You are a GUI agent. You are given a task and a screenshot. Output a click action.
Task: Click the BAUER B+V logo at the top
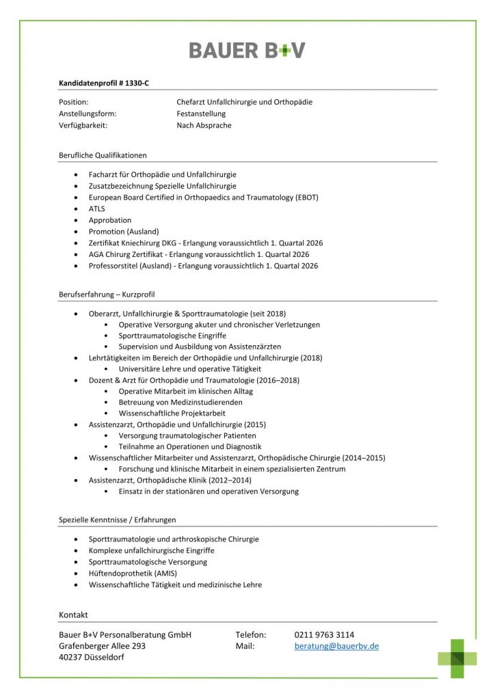point(247,50)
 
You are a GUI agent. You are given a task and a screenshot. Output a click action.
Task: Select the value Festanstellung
point(201,113)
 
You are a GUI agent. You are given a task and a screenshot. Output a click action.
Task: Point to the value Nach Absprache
point(204,125)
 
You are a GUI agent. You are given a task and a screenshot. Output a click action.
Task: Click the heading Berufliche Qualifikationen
point(103,155)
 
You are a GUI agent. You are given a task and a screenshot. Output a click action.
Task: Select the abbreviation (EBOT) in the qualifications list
point(305,198)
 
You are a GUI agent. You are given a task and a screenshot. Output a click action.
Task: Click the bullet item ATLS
point(96,208)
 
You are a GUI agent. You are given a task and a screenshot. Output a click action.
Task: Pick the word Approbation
point(109,220)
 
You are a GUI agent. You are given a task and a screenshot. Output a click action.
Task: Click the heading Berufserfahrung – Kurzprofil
point(107,295)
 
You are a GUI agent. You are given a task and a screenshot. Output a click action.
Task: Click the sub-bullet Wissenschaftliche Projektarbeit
point(172,414)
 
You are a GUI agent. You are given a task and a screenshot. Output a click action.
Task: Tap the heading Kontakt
point(73,615)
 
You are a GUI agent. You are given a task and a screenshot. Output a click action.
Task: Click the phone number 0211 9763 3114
point(324,634)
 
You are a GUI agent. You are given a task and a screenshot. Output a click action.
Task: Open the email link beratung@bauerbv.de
point(336,646)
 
